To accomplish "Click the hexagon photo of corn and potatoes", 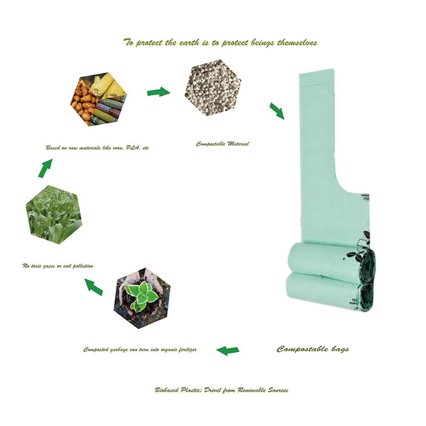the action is coord(98,99).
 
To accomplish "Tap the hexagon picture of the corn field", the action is coord(53,214).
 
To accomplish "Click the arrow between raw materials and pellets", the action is coord(158,91).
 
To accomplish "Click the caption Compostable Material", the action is coord(223,144).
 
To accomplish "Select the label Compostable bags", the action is coord(313,349).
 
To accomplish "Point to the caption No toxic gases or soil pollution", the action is coord(57,266).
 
